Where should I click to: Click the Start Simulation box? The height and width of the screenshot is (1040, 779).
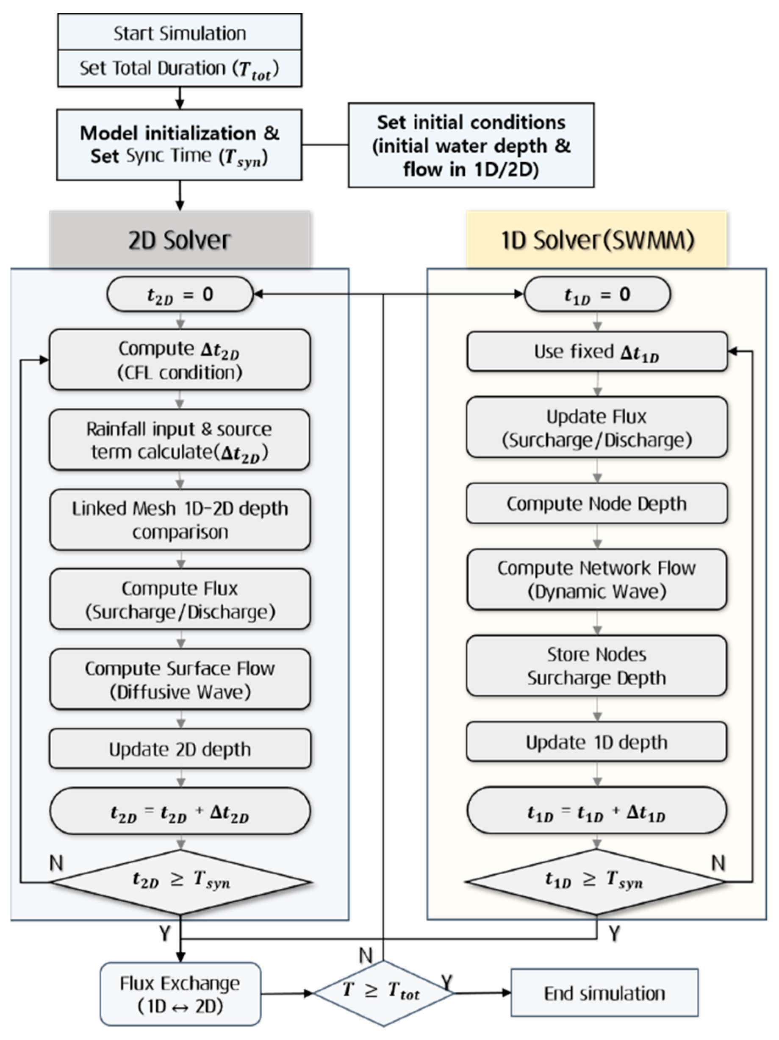[x=180, y=33]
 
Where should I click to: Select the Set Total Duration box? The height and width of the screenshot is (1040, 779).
[x=180, y=69]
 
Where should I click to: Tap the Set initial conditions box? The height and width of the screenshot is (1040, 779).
[x=471, y=145]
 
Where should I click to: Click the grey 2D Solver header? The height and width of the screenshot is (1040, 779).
[x=180, y=240]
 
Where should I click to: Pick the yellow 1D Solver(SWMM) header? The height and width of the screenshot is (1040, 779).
[x=596, y=240]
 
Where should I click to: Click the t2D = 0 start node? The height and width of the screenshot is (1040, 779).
[x=180, y=294]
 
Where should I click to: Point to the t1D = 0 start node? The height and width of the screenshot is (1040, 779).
[x=597, y=294]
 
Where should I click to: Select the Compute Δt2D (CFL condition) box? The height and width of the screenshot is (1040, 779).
[x=180, y=360]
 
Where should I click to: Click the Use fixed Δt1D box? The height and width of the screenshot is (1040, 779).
[x=597, y=352]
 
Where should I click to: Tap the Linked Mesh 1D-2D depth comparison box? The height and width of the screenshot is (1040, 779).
[x=180, y=520]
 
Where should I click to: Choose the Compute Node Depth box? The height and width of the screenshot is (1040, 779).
[x=597, y=503]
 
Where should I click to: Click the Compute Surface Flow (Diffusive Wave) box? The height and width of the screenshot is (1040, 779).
[x=180, y=680]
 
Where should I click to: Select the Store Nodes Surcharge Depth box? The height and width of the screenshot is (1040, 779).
[x=597, y=666]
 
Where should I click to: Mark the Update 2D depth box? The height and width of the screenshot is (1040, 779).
[x=180, y=749]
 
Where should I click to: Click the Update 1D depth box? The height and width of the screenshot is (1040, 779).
[x=597, y=742]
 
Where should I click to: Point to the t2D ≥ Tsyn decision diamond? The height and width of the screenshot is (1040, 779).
[x=180, y=882]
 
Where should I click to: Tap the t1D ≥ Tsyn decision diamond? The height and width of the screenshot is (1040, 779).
[x=596, y=882]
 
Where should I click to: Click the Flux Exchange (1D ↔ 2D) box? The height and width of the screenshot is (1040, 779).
[x=180, y=994]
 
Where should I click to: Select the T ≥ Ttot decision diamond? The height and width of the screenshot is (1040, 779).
[x=383, y=993]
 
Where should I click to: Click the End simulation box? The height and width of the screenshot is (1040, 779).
[x=604, y=993]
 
